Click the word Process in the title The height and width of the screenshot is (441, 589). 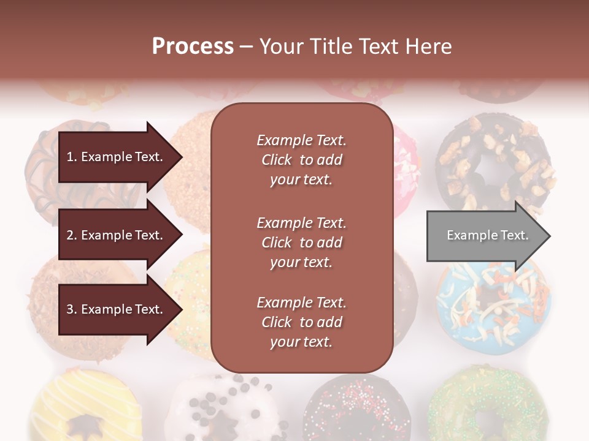pos(193,47)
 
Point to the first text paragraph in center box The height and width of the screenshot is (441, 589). pos(301,160)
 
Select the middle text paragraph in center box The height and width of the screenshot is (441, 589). pos(301,243)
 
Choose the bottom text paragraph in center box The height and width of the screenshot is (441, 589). pos(301,322)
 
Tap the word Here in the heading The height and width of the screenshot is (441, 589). pos(427,47)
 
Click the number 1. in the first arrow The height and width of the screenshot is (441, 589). pos(72,157)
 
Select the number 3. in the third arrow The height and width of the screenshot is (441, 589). pos(72,309)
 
